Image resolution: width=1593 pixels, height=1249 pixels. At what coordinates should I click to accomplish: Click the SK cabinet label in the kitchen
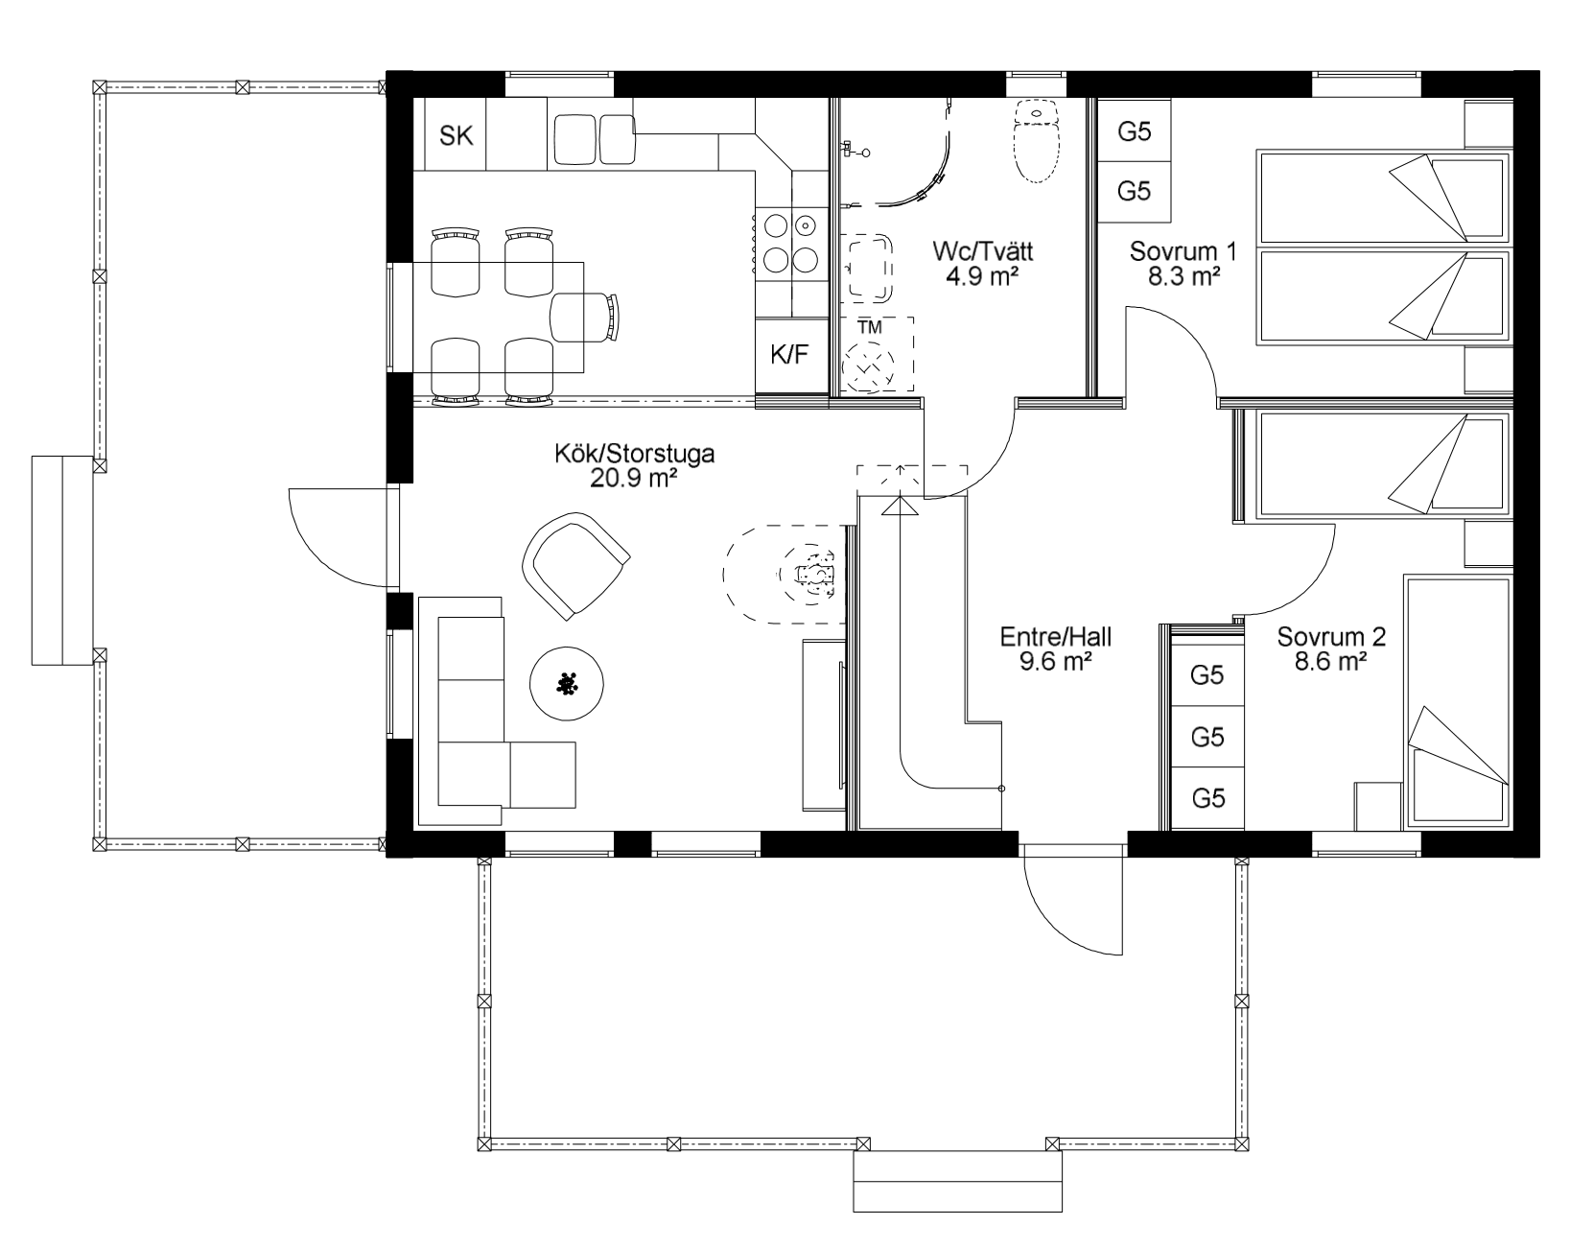click(x=456, y=135)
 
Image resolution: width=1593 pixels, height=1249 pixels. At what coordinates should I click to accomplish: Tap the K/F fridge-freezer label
click(x=788, y=355)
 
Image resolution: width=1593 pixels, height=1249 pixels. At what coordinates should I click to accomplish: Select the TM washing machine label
click(x=870, y=327)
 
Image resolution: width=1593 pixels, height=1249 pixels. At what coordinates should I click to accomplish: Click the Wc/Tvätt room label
click(x=982, y=250)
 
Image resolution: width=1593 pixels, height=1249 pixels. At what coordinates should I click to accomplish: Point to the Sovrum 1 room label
click(x=1183, y=250)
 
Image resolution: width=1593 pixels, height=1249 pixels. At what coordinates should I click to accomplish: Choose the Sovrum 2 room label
click(x=1331, y=636)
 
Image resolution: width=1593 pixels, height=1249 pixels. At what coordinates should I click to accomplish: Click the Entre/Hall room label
click(x=1056, y=636)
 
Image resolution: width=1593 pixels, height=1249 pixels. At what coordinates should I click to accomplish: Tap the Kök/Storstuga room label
click(x=634, y=453)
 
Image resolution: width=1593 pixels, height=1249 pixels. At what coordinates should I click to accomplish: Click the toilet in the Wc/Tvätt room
click(x=1036, y=142)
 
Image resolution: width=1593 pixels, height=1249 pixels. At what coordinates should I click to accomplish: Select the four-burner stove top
click(x=791, y=241)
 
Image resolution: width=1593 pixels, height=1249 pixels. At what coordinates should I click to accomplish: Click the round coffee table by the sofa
click(x=567, y=684)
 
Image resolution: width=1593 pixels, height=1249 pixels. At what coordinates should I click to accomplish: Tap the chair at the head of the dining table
click(x=584, y=318)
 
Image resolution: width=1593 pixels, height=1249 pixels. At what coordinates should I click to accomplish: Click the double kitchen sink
click(x=595, y=139)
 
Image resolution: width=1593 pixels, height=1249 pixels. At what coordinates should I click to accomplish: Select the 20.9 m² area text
click(x=633, y=478)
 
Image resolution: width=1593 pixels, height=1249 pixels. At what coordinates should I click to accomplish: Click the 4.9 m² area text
click(x=982, y=275)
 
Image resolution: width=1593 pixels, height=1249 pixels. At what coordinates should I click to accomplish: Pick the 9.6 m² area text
click(x=1056, y=661)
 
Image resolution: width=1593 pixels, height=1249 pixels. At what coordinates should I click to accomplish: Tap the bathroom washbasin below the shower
click(x=866, y=269)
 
